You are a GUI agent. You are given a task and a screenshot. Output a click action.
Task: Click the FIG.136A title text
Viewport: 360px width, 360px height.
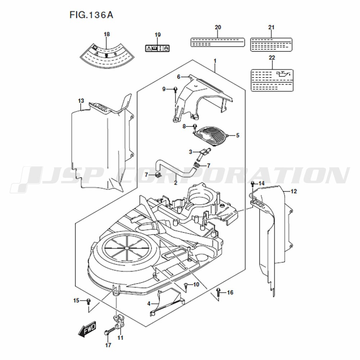click(x=91, y=15)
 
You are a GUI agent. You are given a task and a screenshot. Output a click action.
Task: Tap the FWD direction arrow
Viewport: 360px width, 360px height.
click(x=87, y=329)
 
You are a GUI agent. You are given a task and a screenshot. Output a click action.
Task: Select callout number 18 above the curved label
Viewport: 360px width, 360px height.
click(x=107, y=34)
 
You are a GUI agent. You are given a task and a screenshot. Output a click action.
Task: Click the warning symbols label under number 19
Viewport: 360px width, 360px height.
click(x=157, y=48)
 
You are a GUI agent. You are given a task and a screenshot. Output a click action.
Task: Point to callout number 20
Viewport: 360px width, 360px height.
click(x=218, y=27)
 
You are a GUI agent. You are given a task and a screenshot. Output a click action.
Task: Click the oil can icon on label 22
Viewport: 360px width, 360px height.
click(x=284, y=75)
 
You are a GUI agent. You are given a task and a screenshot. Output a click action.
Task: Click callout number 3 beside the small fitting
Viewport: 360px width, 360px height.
click(x=190, y=152)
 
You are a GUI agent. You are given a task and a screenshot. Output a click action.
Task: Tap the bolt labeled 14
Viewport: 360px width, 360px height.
click(x=253, y=184)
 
